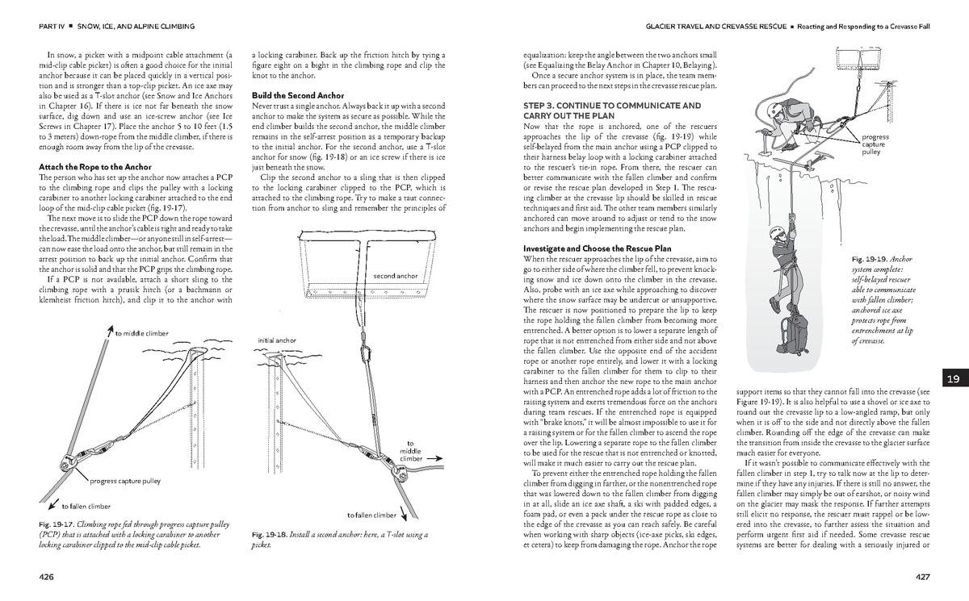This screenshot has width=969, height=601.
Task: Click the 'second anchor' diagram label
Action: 396,277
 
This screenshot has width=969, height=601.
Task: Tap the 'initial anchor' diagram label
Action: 277,340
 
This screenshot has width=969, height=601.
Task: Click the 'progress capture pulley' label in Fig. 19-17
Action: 125,482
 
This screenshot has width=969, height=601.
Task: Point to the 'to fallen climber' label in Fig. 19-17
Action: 86,507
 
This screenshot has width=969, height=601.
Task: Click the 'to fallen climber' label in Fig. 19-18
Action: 372,515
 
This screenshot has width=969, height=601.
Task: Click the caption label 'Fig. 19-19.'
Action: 869,260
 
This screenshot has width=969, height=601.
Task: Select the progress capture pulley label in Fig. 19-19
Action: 875,144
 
